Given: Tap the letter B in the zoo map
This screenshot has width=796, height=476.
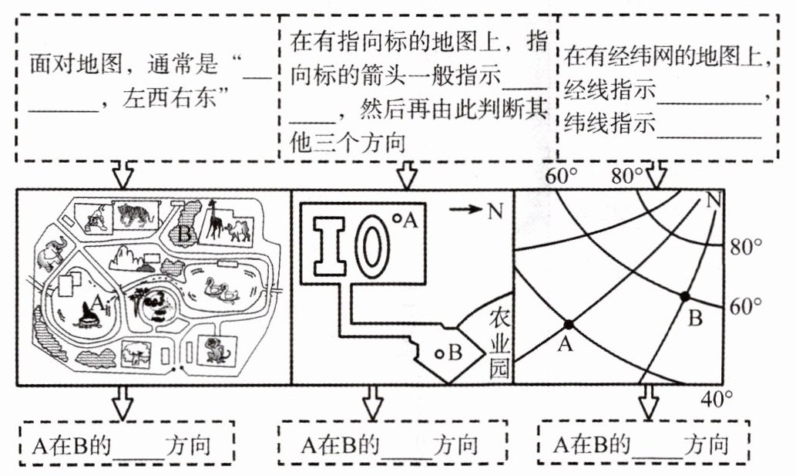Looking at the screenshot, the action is tap(185, 235).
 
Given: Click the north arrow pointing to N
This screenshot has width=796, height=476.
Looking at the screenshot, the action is tap(465, 208).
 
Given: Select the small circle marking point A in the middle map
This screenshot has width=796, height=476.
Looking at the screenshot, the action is tap(397, 218).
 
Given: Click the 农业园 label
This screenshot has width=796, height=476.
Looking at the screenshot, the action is tap(499, 344).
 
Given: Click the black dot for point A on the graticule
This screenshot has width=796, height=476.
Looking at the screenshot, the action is tap(569, 324).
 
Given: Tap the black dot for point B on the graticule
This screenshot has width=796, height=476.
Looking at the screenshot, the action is tap(685, 295).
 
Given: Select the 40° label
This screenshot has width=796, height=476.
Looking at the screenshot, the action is tap(717, 400).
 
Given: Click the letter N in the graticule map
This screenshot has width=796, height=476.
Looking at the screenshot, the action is tap(714, 201).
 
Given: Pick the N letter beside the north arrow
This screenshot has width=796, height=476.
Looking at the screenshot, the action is tap(495, 210).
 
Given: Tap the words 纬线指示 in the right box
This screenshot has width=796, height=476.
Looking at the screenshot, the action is tap(610, 123).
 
